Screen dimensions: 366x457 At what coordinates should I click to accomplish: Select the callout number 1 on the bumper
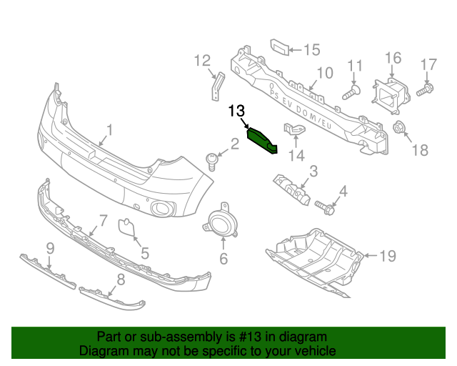pos(111,129)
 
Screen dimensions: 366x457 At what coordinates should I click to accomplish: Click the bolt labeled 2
pos(211,161)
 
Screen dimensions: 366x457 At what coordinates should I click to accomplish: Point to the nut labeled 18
pos(399,129)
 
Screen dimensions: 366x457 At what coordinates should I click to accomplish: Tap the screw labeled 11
pos(351,92)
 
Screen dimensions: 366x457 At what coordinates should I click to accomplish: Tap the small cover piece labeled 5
pos(126,227)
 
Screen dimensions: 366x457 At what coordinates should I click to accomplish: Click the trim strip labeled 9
pos(46,271)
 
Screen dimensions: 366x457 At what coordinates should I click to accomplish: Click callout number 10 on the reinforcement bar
pos(325,73)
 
